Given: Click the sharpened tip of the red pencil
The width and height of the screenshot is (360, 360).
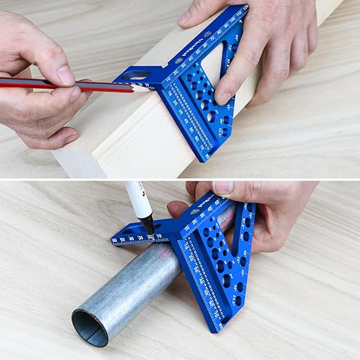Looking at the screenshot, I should [148, 88].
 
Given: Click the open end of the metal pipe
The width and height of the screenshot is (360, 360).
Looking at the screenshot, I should [90, 328].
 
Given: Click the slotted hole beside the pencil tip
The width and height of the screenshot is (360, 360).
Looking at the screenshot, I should [137, 74].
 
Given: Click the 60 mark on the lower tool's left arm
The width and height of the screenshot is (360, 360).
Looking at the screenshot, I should [114, 241].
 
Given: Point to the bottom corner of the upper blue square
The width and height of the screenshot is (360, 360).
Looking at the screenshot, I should [205, 158].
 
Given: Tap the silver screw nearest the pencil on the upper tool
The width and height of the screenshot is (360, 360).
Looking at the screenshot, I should [178, 61].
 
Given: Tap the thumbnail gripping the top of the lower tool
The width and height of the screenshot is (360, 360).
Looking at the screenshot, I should [223, 188].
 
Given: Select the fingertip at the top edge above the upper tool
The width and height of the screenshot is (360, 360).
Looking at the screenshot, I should [188, 17].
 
